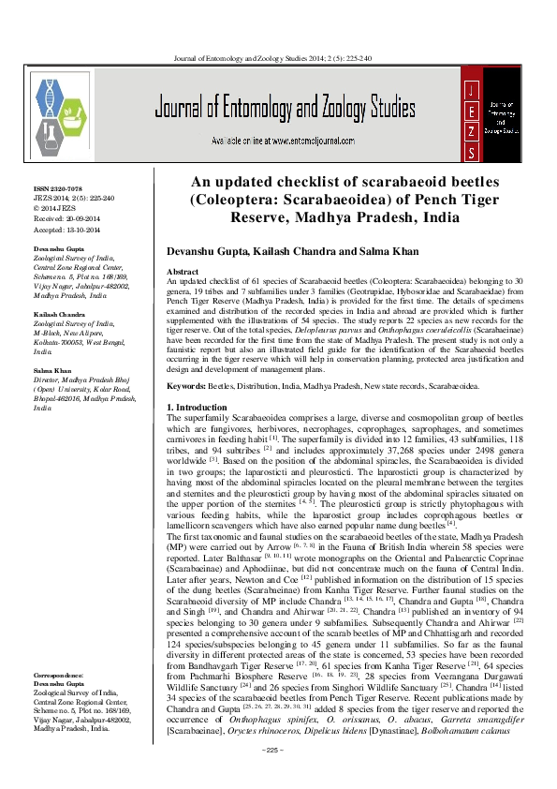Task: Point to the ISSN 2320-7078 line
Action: [58, 188]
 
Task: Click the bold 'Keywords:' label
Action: [189, 384]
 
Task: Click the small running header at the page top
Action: [279, 59]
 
